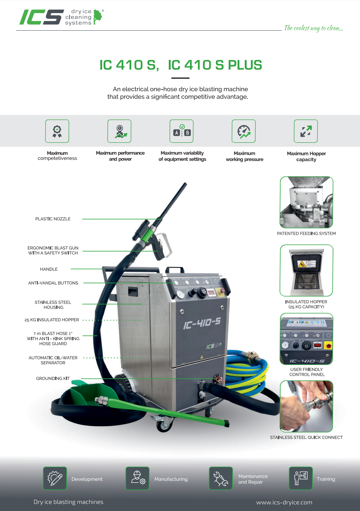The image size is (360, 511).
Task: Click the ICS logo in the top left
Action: tap(61, 17)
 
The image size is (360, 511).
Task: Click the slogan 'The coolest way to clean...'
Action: tap(314, 28)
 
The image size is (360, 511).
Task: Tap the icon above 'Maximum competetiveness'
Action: tap(57, 131)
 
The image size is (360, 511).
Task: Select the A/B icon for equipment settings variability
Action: tap(181, 131)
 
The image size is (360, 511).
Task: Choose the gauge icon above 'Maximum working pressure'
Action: tap(244, 131)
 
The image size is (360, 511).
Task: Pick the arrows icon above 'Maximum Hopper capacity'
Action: tap(306, 131)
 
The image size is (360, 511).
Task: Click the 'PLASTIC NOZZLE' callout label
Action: tap(53, 219)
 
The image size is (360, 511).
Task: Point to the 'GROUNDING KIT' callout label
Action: tap(53, 378)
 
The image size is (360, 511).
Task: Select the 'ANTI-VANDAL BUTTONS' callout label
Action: tap(53, 283)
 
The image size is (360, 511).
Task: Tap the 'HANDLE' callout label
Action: tap(49, 269)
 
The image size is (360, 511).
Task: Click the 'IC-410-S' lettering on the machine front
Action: tap(202, 324)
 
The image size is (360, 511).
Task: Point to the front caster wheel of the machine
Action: tap(163, 426)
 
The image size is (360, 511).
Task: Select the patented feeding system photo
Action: tap(306, 202)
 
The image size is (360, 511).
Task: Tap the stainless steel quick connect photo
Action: tap(306, 406)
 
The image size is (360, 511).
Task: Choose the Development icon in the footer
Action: tap(55, 478)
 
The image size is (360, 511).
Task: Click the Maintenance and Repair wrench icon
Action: tap(221, 478)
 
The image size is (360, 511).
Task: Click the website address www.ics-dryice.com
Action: tap(284, 502)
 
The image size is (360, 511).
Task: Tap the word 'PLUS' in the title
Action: tap(245, 65)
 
